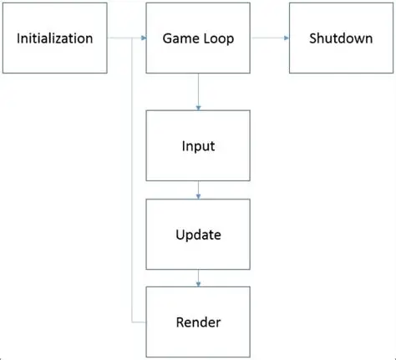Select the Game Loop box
click(x=197, y=38)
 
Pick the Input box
click(x=197, y=147)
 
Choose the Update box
click(x=197, y=235)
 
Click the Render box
click(x=197, y=322)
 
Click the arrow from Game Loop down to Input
click(x=197, y=92)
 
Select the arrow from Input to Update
click(x=197, y=191)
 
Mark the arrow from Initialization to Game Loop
click(x=127, y=38)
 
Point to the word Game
click(x=180, y=38)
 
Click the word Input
click(x=198, y=147)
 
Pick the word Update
click(x=198, y=235)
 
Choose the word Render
click(x=198, y=322)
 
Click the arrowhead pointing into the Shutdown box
click(x=285, y=38)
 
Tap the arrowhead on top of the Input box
click(x=197, y=107)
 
